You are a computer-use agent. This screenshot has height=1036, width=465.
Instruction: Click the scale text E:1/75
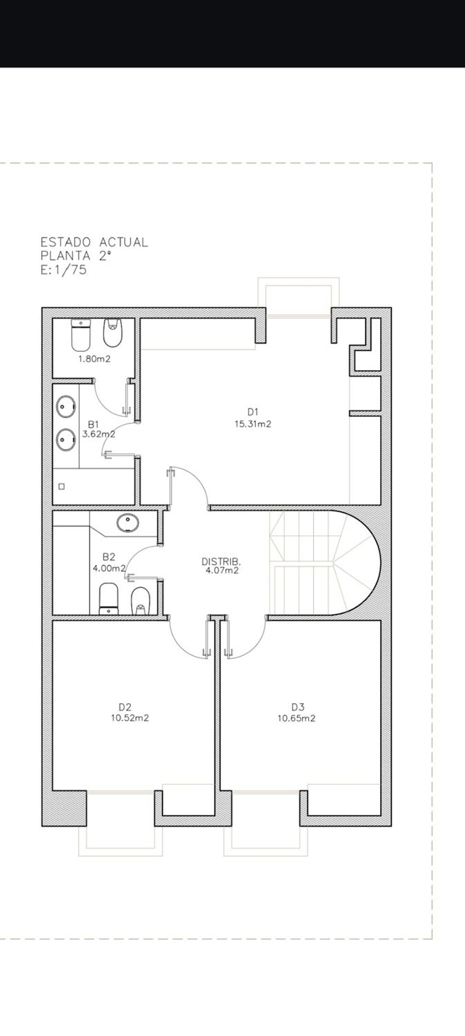[64, 269]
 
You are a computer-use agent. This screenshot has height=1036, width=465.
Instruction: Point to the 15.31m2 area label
[253, 424]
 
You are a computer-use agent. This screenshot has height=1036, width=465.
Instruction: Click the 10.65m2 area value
[296, 718]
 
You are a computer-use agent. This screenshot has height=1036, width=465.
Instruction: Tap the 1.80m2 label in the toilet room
[94, 359]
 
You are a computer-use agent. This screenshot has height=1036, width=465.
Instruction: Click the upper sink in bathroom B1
[66, 407]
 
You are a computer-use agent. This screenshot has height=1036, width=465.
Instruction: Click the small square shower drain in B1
[62, 487]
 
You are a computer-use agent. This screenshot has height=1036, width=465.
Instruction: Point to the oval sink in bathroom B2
[128, 523]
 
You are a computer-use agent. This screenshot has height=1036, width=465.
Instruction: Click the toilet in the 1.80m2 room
[81, 335]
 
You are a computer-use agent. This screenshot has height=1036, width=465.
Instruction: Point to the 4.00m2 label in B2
[109, 569]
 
